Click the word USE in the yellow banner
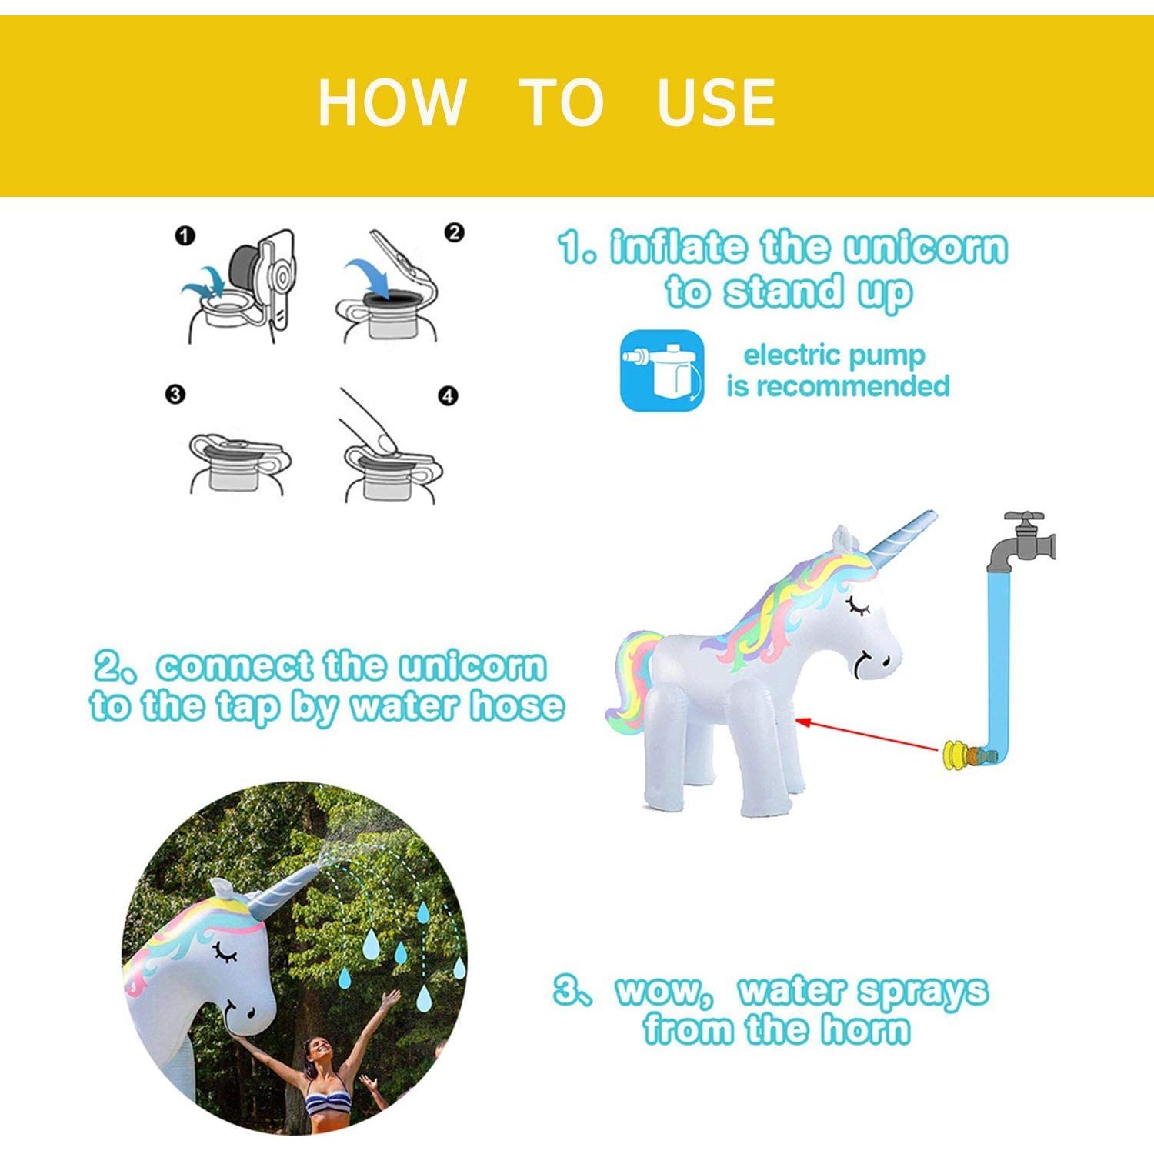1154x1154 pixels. point(715,102)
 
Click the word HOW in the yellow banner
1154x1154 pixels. point(392,102)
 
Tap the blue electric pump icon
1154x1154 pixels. point(662,370)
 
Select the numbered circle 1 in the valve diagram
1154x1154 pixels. point(185,236)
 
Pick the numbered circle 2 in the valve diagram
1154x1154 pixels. point(455,232)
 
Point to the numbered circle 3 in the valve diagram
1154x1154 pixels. point(175,395)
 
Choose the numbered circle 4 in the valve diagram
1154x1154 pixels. point(448,396)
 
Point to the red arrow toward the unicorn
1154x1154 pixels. point(869,734)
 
